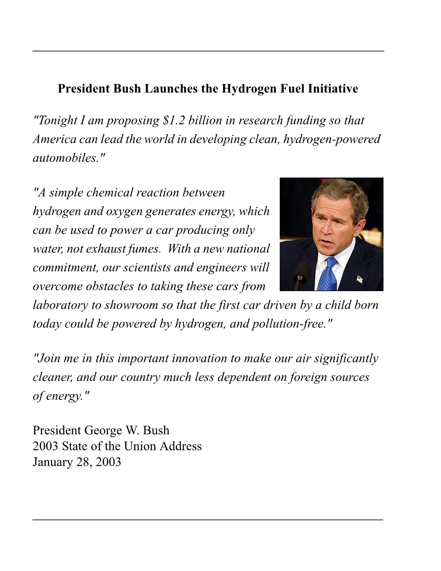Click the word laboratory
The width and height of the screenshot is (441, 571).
60,305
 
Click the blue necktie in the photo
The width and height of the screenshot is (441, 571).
327,275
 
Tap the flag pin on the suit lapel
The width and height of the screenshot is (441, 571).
359,279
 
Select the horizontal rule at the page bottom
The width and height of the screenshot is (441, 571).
208,519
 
